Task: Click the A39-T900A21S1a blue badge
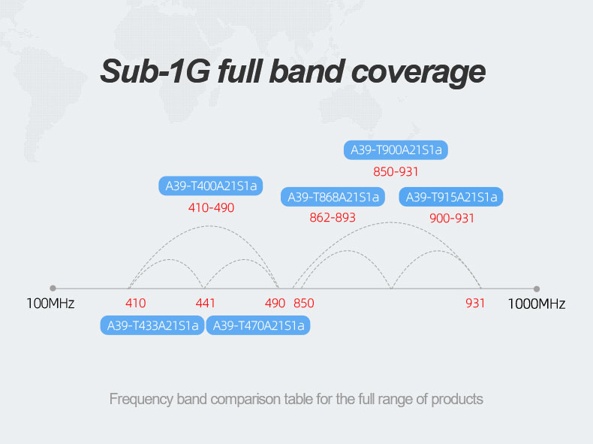[x=396, y=150]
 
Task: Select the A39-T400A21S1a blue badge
[x=211, y=186]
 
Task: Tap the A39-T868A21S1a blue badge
[x=333, y=197]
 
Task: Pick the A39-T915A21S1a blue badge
[x=451, y=197]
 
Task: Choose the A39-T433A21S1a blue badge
[x=152, y=325]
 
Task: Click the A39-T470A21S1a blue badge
[x=258, y=325]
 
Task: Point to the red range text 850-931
[x=396, y=172]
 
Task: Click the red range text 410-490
[x=211, y=208]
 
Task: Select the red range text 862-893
[x=333, y=218]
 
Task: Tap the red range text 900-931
[x=452, y=219]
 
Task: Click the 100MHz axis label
[x=50, y=304]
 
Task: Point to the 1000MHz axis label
[x=536, y=304]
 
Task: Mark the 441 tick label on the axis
[x=206, y=304]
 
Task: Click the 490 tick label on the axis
[x=275, y=304]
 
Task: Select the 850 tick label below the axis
[x=304, y=304]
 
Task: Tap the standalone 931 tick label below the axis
[x=475, y=304]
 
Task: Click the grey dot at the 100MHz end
[x=53, y=288]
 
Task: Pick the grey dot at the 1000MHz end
[x=536, y=288]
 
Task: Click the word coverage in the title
[x=418, y=72]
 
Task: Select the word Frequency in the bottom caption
[x=141, y=400]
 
